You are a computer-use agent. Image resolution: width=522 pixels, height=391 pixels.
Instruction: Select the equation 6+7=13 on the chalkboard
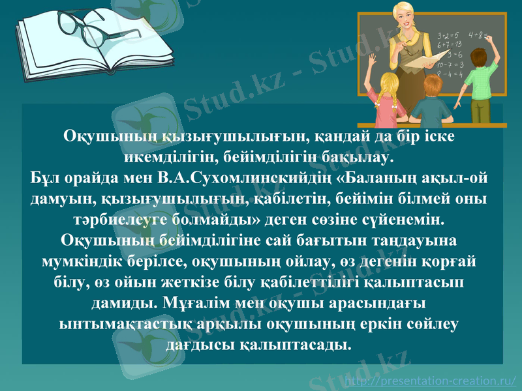(x=450, y=44)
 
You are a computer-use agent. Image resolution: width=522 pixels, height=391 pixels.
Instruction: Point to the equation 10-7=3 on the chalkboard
(x=450, y=65)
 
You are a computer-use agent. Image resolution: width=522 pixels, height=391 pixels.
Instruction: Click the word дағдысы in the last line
(x=202, y=343)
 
